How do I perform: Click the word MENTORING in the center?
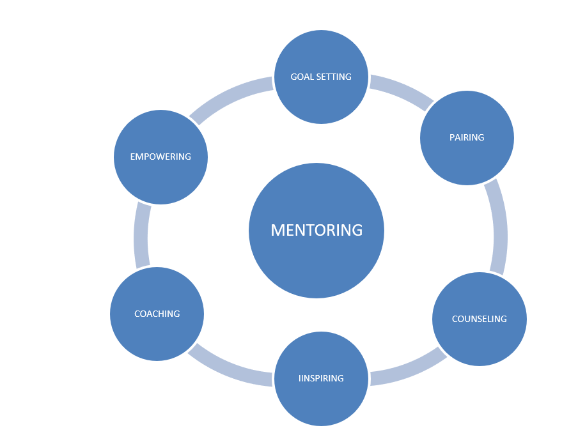point(316,230)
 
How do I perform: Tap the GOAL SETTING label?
point(321,77)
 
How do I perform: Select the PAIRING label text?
point(467,137)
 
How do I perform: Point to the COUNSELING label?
point(479,319)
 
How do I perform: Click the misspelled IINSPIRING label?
point(321,378)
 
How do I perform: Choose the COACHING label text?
point(157,314)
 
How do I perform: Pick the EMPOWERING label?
point(160,157)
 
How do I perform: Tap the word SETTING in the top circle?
point(334,77)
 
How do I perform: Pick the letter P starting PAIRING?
point(452,137)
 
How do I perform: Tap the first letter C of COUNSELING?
point(455,319)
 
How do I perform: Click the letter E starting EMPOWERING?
point(132,157)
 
